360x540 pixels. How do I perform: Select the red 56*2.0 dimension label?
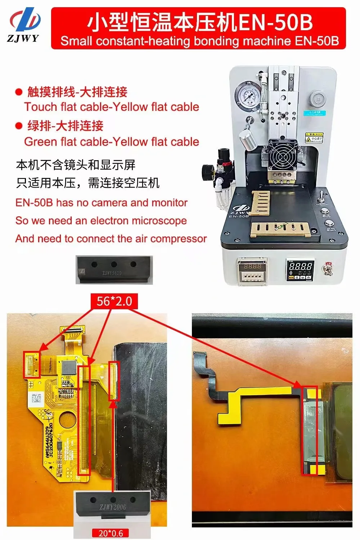click(114, 301)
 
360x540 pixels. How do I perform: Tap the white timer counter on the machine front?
click(252, 271)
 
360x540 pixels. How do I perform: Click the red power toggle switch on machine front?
click(328, 269)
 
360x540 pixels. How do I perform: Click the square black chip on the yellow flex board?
click(68, 368)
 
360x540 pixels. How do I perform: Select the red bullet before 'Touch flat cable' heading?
click(19, 92)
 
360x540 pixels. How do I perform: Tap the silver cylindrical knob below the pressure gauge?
click(248, 139)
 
